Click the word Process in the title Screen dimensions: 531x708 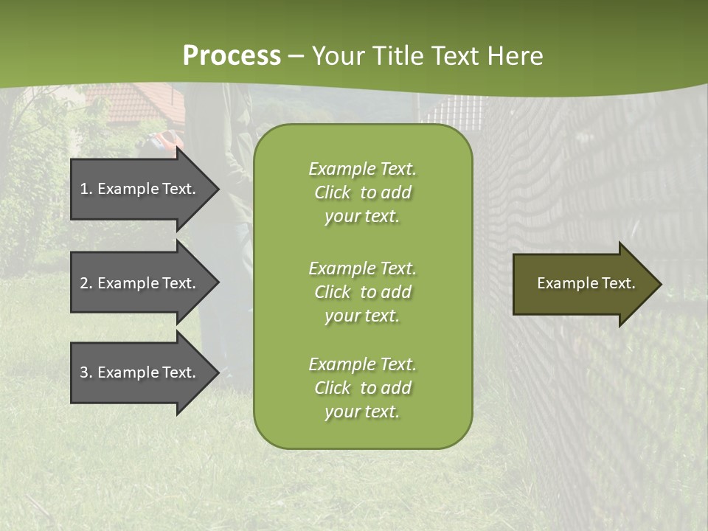click(232, 56)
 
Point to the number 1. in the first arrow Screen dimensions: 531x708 click(86, 189)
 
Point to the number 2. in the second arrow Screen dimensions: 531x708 click(86, 283)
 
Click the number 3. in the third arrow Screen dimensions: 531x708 click(86, 372)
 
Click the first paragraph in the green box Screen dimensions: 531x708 click(362, 192)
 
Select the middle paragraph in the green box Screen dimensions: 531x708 click(362, 292)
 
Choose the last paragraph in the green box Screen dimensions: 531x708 click(362, 388)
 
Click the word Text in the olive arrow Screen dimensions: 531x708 click(619, 283)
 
